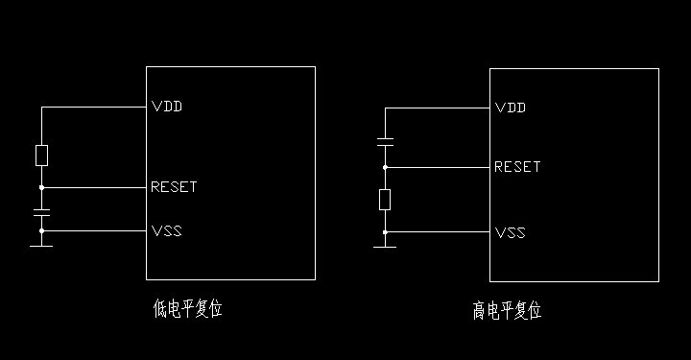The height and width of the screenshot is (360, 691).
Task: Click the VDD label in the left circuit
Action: coord(167,107)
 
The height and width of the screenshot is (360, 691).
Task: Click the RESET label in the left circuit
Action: coord(174,187)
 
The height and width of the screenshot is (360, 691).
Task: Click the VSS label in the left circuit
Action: coord(167,231)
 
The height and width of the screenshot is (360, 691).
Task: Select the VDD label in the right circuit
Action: coord(511,108)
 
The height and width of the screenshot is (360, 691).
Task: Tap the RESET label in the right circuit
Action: coord(517,167)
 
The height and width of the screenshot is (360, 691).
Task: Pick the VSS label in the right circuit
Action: coord(511,233)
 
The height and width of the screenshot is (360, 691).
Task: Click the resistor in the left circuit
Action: coord(41,155)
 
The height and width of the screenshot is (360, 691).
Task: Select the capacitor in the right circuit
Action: coord(385,143)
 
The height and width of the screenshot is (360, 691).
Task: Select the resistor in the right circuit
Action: coord(385,200)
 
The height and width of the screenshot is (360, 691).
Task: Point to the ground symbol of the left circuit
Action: coord(41,244)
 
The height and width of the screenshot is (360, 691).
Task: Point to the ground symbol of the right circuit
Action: coord(385,245)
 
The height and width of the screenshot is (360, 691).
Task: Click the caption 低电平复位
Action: coord(187,308)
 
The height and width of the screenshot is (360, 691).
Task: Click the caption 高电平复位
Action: coord(507,310)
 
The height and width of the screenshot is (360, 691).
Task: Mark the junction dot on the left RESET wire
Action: coord(41,187)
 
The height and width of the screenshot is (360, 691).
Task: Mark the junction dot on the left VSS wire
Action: coord(41,231)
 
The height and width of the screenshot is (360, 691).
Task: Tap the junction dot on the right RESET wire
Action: coord(385,167)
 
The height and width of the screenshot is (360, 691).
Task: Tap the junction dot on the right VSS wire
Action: coord(385,232)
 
